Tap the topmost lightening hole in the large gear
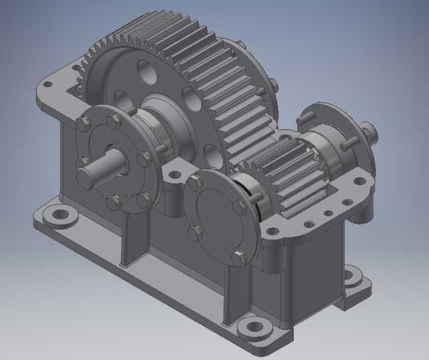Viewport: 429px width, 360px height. pyautogui.click(x=147, y=72)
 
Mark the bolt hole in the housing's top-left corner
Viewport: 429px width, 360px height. pyautogui.click(x=47, y=85)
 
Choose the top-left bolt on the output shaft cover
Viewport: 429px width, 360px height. pyautogui.click(x=84, y=123)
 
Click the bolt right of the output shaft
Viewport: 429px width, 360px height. pyautogui.click(x=143, y=159)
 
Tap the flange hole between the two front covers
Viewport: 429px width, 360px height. pyautogui.click(x=175, y=175)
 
